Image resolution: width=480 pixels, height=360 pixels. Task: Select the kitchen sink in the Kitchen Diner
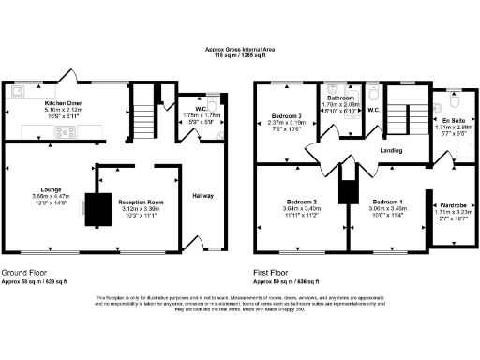pyautogui.click(x=19, y=92)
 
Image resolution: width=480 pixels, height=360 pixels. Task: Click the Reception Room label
pyautogui.click(x=140, y=202)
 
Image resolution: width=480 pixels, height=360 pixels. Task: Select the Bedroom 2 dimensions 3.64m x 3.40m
pyautogui.click(x=301, y=209)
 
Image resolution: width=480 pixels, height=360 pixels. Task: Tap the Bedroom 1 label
pyautogui.click(x=384, y=202)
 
